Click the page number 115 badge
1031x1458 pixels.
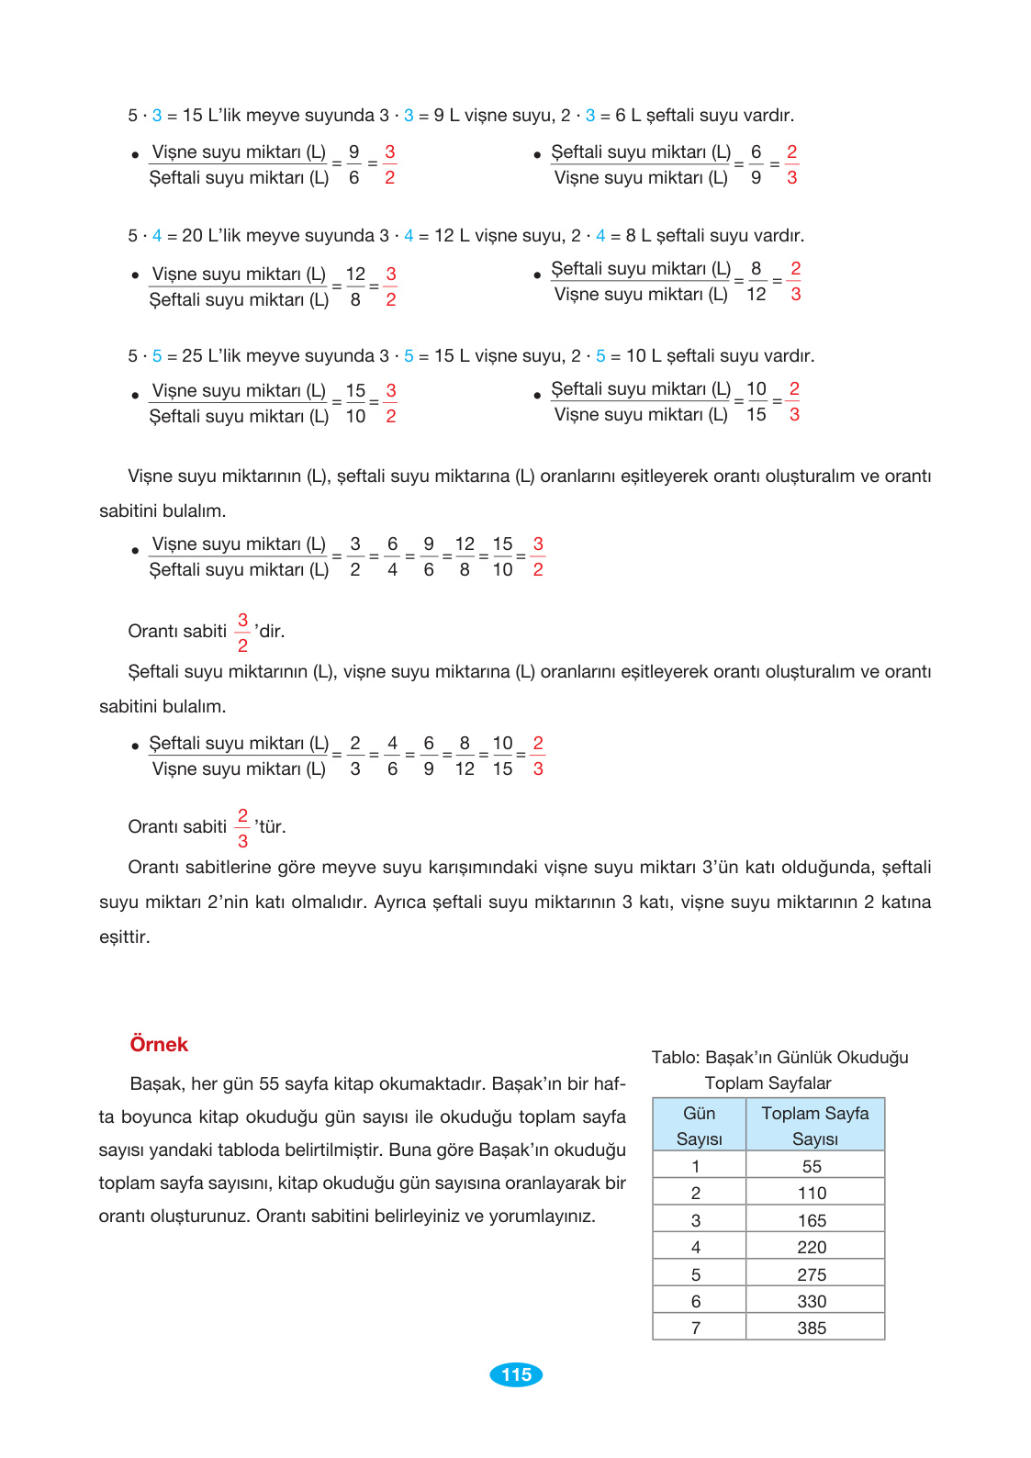point(516,1374)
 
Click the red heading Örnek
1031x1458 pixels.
point(159,1045)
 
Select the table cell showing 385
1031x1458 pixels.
point(812,1328)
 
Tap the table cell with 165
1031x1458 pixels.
point(812,1220)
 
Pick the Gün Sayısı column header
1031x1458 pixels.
point(699,1126)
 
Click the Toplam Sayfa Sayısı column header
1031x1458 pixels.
point(814,1126)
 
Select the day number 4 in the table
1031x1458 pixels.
point(696,1247)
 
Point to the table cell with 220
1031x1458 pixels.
point(812,1247)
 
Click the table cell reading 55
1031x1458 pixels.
point(812,1166)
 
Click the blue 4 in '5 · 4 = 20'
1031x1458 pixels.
point(157,236)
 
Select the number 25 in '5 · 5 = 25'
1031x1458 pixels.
point(192,356)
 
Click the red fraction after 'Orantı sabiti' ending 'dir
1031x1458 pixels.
point(242,632)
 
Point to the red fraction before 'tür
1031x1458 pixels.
point(242,827)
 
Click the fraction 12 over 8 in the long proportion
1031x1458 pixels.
point(465,556)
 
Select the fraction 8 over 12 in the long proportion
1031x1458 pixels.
point(465,756)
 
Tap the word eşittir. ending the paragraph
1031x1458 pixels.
point(124,936)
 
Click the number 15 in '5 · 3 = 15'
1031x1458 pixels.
point(192,116)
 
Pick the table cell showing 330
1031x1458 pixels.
point(812,1301)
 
